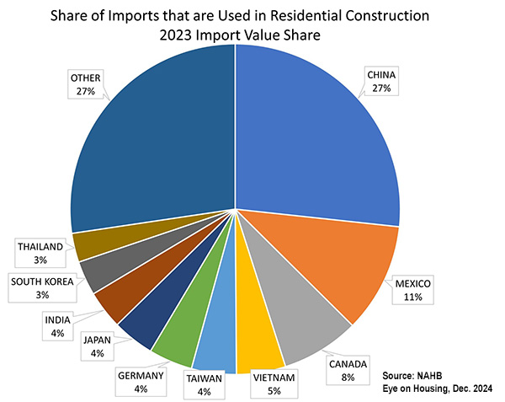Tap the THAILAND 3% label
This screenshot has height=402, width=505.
(40, 252)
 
